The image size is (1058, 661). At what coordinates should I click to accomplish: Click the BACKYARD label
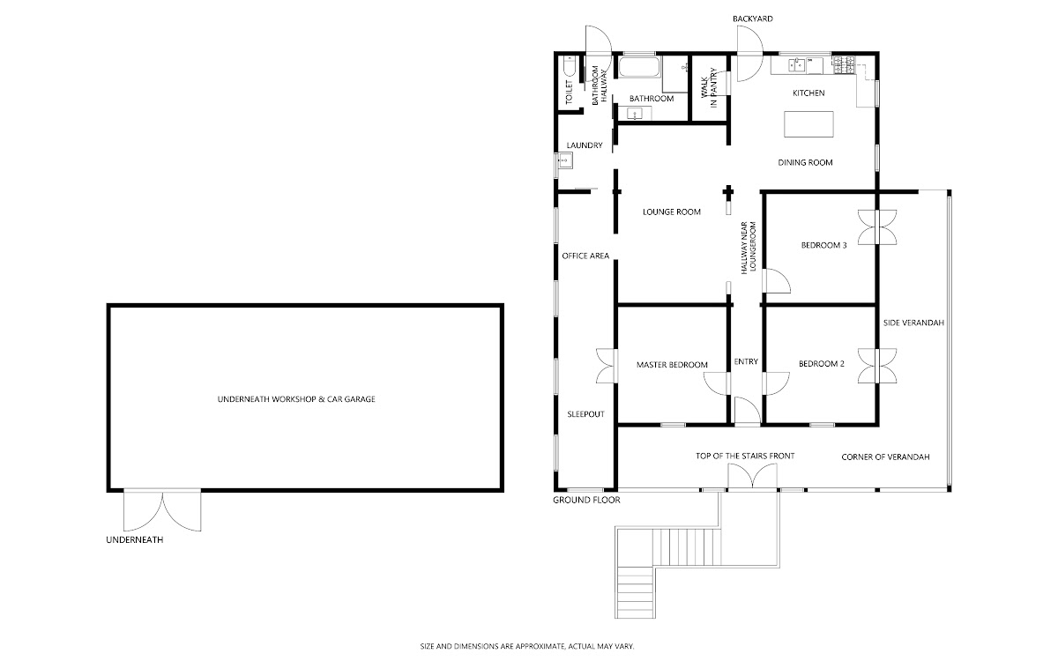coord(752,19)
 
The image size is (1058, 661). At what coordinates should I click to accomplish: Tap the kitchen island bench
coord(808,124)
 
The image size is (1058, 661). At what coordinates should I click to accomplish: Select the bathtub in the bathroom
coord(639,67)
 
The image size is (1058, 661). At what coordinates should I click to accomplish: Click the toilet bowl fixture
coord(569,66)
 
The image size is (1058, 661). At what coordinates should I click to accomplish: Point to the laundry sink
coord(564,160)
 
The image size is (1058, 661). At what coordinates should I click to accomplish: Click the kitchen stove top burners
coord(844,64)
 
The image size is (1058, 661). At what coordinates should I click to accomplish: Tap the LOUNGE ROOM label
coord(671,212)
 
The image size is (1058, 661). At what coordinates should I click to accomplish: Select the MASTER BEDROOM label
coord(672,365)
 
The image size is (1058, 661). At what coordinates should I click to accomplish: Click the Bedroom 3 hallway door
coord(776,281)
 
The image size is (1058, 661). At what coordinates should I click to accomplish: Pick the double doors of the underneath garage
coord(162,510)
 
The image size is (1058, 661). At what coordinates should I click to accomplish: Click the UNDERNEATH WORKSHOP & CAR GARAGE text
coord(296,399)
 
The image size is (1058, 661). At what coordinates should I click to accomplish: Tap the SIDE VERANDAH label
coord(913,323)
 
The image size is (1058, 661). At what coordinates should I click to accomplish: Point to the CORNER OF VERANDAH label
coord(885,457)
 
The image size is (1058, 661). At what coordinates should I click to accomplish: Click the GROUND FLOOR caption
coord(586,500)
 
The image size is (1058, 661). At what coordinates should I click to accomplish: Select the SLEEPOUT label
coord(585,414)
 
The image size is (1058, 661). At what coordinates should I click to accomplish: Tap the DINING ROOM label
coord(805,162)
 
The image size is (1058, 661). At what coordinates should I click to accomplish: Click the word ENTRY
coord(746,361)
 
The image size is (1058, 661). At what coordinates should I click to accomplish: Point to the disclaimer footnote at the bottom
coord(527,646)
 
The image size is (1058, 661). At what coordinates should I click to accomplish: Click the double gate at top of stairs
coord(752,476)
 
